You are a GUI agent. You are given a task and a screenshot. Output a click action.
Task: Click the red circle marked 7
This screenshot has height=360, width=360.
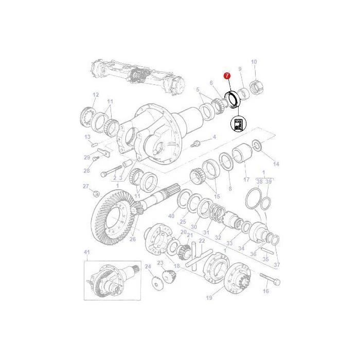click(x=227, y=75)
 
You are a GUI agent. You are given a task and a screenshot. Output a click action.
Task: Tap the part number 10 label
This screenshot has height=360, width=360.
click(x=254, y=62)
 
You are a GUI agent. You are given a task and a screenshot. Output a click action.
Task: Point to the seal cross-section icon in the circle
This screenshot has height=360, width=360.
click(x=238, y=123)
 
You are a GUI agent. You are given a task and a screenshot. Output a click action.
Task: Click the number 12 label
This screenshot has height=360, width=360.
click(x=96, y=95)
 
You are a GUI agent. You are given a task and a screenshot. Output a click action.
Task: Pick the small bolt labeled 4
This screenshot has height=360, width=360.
click(x=195, y=144)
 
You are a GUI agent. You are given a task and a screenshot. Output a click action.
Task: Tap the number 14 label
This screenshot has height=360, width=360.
click(x=276, y=164)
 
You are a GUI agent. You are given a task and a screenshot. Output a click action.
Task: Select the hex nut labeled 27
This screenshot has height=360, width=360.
click(x=96, y=194)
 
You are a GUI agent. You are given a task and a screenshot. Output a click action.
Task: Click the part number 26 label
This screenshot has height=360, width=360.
click(x=133, y=239)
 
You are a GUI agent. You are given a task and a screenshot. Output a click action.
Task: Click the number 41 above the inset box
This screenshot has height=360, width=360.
click(x=86, y=252)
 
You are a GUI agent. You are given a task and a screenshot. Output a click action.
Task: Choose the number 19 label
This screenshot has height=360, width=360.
click(x=209, y=298)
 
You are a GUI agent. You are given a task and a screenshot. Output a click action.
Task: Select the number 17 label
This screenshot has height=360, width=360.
click(x=246, y=179)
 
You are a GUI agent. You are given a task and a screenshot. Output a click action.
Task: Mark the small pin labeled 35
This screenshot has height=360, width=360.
click(x=267, y=250)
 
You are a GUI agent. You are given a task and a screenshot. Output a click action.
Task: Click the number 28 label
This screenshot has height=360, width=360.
click(x=86, y=171)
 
